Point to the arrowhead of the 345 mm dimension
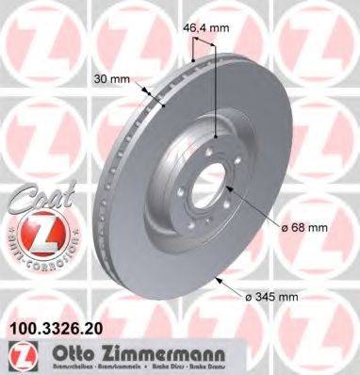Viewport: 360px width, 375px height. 219,276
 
